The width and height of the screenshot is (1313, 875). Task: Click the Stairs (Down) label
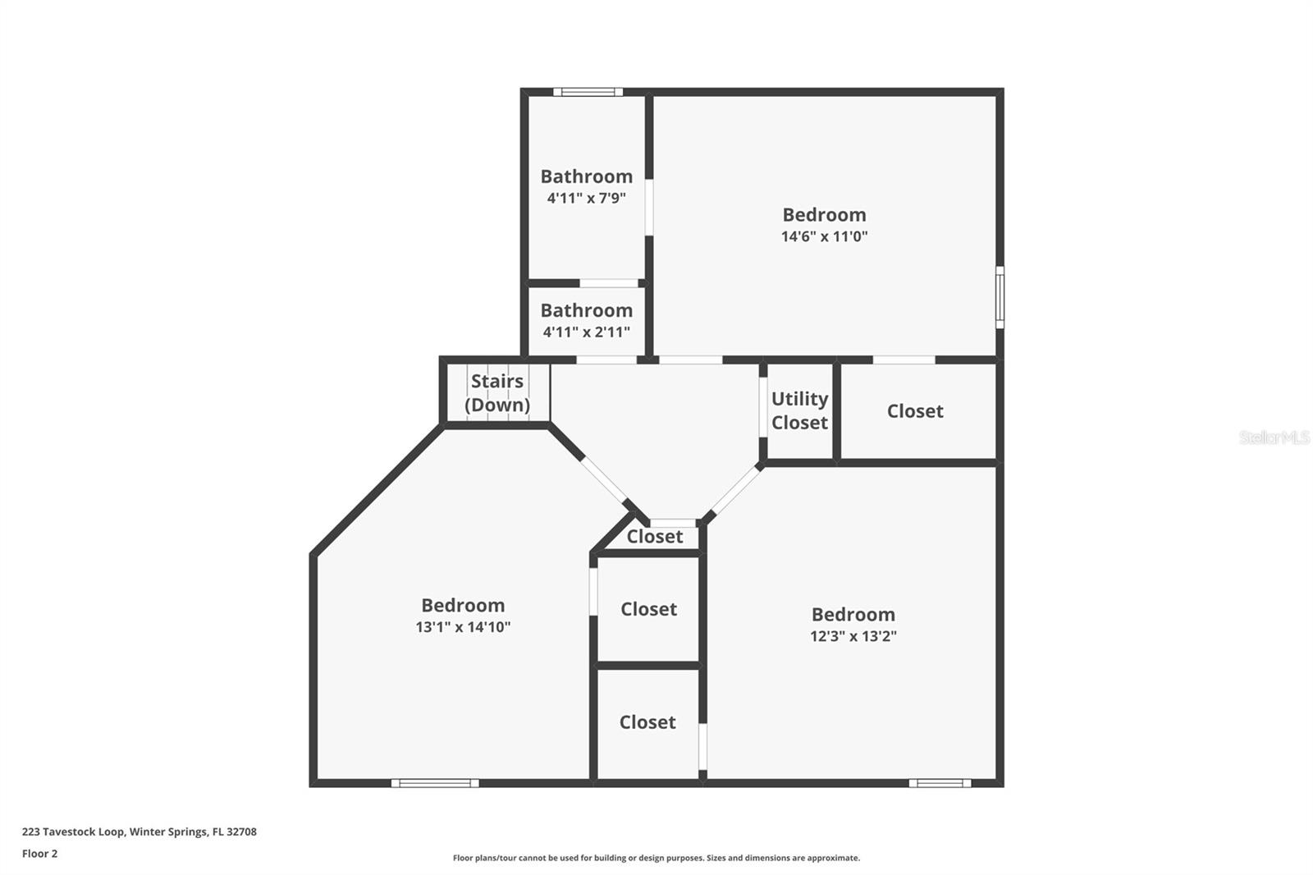click(497, 393)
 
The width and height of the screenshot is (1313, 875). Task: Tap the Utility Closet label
click(799, 410)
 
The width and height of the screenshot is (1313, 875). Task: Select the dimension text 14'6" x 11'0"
click(824, 237)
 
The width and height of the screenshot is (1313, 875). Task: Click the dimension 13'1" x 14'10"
click(463, 627)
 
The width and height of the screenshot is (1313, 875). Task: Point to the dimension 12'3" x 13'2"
click(853, 636)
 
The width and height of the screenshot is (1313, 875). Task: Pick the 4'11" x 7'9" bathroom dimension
click(586, 198)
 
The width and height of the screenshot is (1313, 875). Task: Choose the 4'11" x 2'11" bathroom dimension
click(586, 332)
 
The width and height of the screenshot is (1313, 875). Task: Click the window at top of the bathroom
click(588, 92)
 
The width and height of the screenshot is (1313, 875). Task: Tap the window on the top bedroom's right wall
click(1000, 297)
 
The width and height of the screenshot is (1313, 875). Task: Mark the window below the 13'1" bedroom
click(435, 783)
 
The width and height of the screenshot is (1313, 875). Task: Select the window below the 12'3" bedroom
click(940, 783)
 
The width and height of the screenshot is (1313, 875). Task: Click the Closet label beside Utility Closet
click(915, 411)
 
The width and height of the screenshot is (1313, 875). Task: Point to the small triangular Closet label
click(655, 537)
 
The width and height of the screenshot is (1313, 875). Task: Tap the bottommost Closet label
click(647, 722)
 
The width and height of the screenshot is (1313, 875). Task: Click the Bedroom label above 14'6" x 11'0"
click(824, 215)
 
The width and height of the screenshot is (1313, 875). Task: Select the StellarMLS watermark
click(1274, 438)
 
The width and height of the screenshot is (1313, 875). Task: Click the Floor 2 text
click(39, 854)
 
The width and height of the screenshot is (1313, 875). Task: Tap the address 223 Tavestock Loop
click(139, 831)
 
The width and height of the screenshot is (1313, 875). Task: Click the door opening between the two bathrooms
click(609, 283)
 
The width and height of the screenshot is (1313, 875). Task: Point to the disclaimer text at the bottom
click(656, 858)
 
